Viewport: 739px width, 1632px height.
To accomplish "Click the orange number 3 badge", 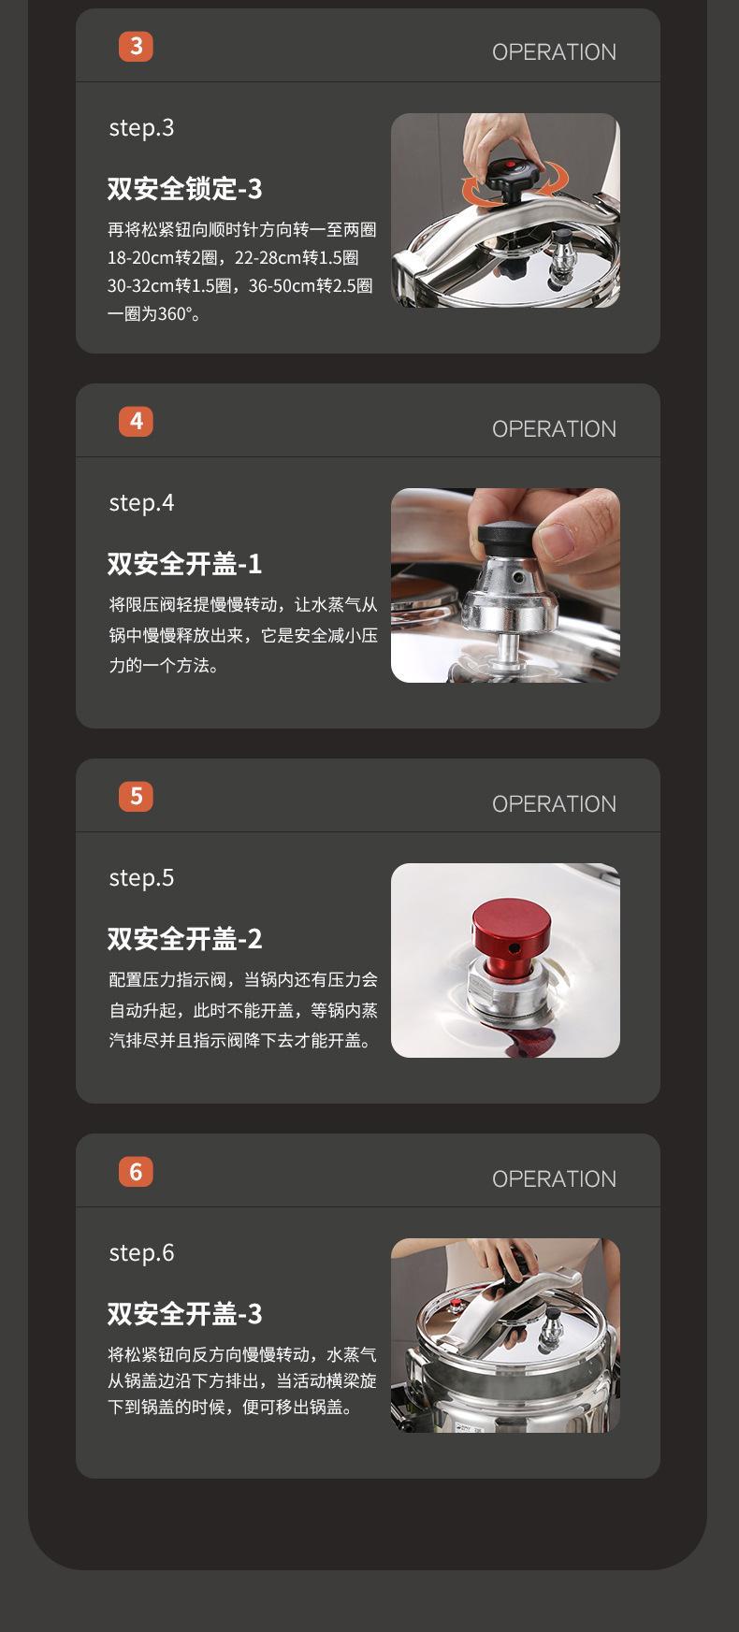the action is click(x=136, y=46).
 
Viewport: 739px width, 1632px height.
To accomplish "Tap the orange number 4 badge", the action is click(x=136, y=421).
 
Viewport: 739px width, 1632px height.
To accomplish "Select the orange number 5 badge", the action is click(x=136, y=796).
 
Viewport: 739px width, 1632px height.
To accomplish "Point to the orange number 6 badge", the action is click(x=136, y=1171).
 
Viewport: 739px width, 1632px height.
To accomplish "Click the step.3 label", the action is click(x=141, y=128).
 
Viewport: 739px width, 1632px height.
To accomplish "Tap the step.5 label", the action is click(x=141, y=878).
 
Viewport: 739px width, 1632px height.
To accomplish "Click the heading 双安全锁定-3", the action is click(x=185, y=189).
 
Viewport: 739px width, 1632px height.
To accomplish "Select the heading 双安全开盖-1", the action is click(x=185, y=564).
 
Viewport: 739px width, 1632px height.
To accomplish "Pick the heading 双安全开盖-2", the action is click(x=185, y=938).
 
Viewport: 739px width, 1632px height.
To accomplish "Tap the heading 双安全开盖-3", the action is click(x=185, y=1313).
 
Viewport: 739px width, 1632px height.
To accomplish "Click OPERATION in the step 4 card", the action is click(x=554, y=429).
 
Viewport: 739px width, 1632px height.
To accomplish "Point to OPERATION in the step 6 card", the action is click(x=554, y=1179).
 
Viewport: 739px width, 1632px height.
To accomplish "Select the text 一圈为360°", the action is click(x=154, y=314).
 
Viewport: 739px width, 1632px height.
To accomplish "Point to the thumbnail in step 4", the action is click(x=505, y=585).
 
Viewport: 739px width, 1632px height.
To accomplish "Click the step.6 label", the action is click(x=141, y=1253).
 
